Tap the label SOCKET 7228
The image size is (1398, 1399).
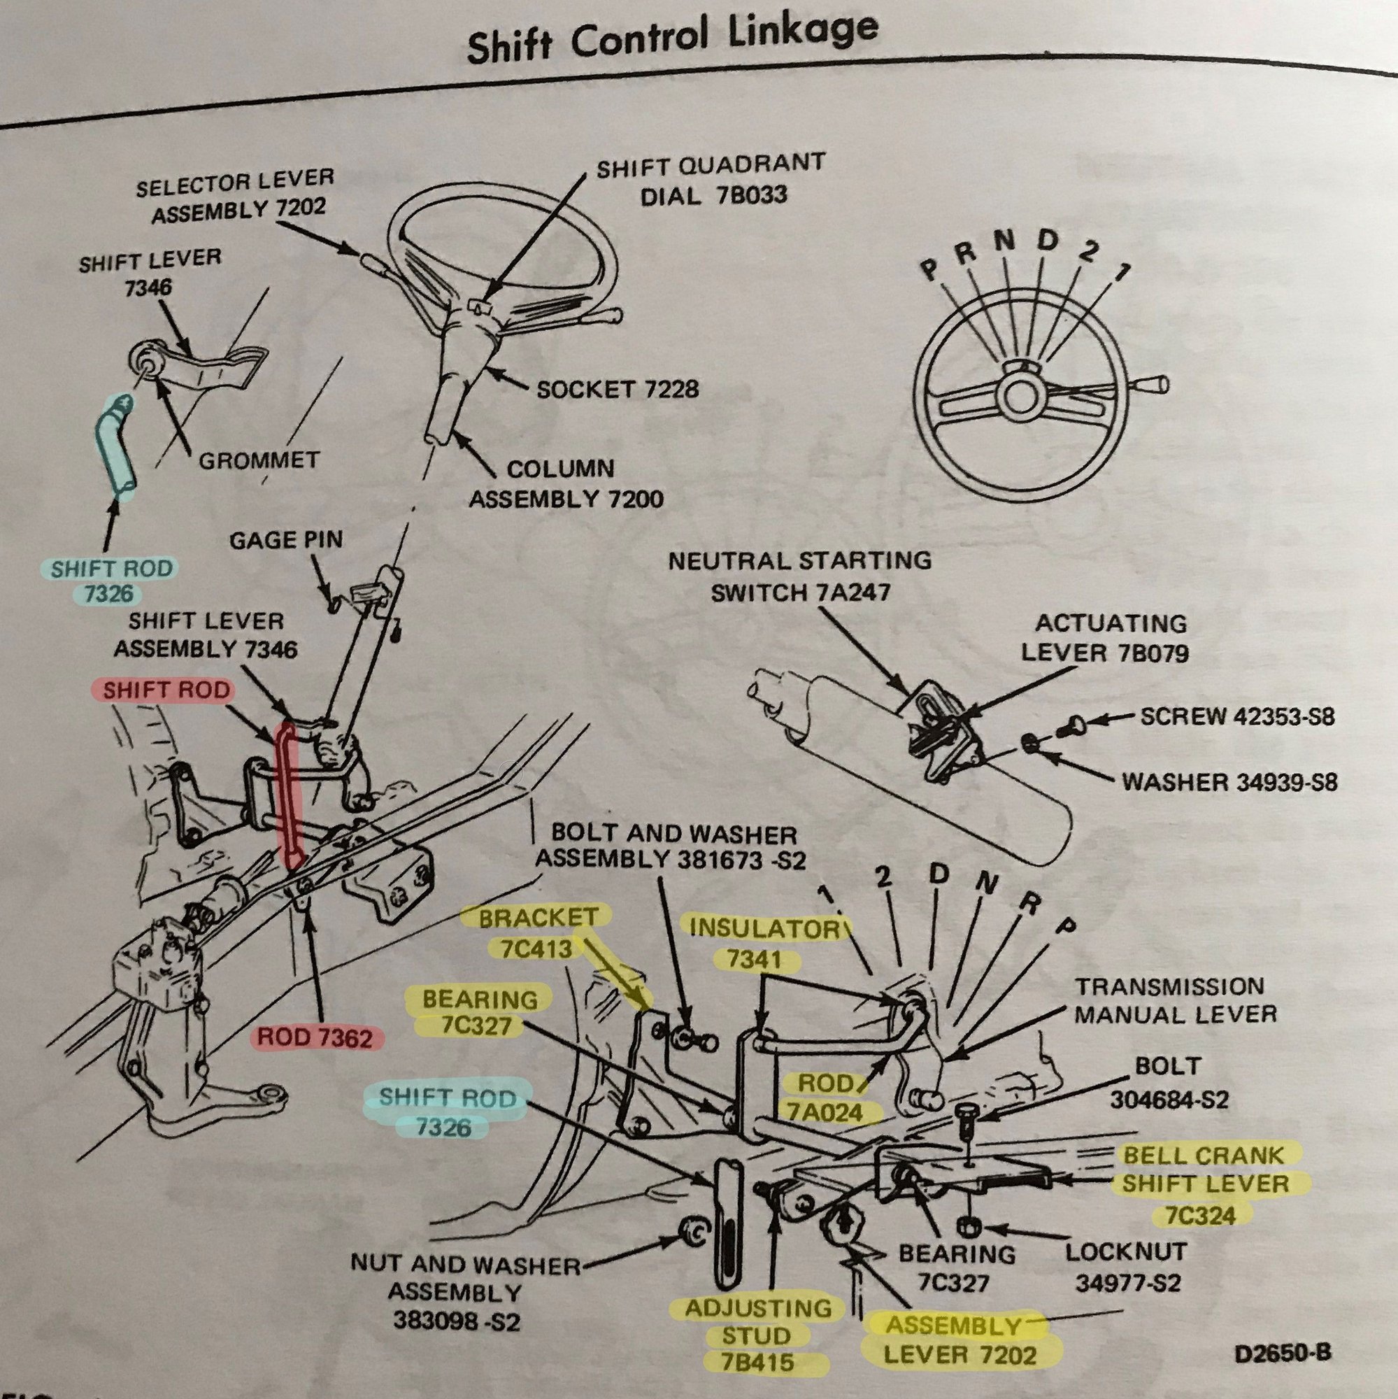point(618,390)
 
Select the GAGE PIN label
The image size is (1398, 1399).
point(286,539)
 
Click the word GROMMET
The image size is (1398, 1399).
point(259,460)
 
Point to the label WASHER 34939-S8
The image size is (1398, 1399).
point(1229,782)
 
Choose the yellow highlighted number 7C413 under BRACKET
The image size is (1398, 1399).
point(536,949)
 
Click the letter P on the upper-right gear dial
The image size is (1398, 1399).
point(928,271)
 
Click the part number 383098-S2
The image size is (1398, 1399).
point(456,1321)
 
